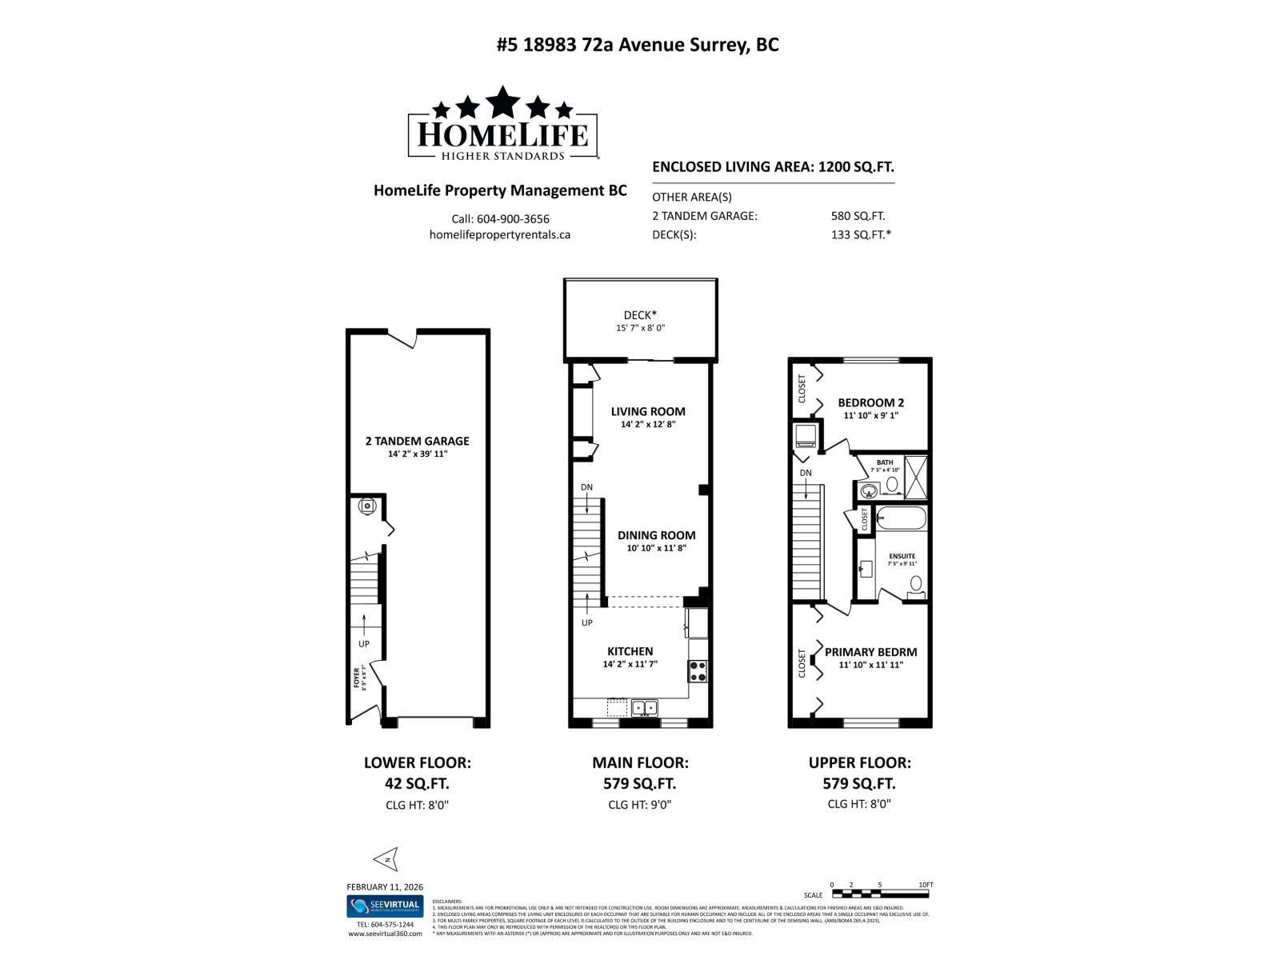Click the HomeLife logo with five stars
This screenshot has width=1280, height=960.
point(502,124)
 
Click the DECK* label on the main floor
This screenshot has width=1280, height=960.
point(640,315)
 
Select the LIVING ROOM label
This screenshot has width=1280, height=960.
point(648,411)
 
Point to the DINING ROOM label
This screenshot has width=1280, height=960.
point(656,535)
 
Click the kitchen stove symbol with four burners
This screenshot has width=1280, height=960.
point(698,670)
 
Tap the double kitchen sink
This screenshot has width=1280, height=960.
point(645,707)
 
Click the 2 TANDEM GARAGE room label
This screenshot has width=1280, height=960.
point(417,441)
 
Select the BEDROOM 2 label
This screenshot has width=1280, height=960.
point(870,402)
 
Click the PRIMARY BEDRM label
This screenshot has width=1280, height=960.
point(870,652)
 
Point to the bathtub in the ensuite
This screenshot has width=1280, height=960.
point(901,518)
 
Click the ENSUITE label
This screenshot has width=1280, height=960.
point(902,556)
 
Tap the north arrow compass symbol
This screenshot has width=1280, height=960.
point(386,859)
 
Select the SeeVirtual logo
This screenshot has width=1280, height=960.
point(384,906)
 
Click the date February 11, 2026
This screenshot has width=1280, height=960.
point(385,886)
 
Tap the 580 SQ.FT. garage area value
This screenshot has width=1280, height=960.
point(858,216)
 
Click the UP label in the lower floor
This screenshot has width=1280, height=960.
point(364,643)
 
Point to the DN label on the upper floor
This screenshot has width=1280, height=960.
point(806,473)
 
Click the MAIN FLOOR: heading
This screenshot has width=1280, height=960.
point(640,763)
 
